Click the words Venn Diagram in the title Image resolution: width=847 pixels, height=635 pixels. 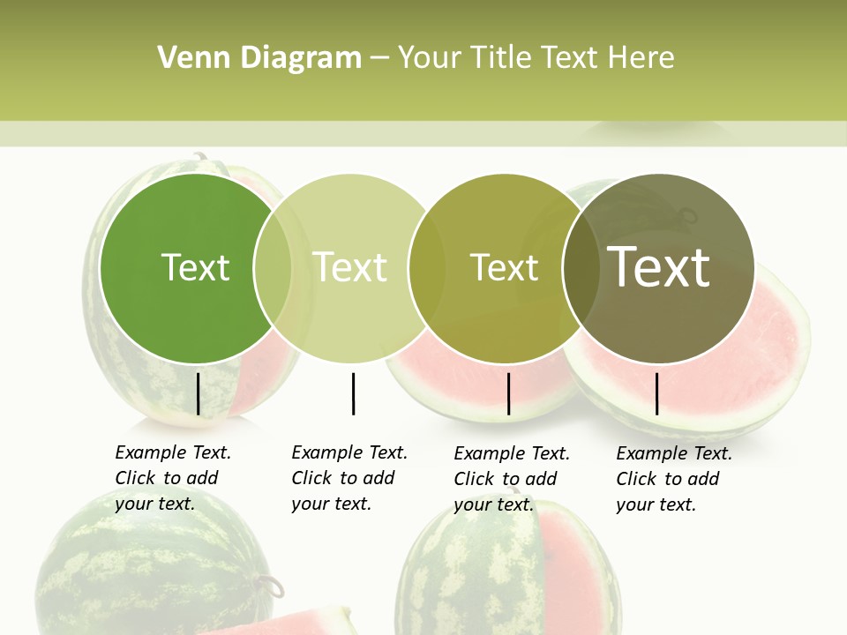coord(259,58)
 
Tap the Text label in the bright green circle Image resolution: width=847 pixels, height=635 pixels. coord(195,267)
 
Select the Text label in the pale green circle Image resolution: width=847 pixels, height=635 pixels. coord(350,267)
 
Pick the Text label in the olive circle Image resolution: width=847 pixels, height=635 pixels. coord(504,267)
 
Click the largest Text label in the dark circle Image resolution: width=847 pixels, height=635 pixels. coord(659,267)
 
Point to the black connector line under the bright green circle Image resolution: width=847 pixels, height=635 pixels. coord(198,393)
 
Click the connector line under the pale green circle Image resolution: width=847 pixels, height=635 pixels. coord(353,393)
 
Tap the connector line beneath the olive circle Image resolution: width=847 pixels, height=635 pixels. coord(508,393)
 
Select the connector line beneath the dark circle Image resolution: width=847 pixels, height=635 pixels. coord(656,393)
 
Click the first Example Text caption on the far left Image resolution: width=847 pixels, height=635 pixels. coord(172,478)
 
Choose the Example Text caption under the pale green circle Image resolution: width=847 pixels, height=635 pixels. coord(349,478)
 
